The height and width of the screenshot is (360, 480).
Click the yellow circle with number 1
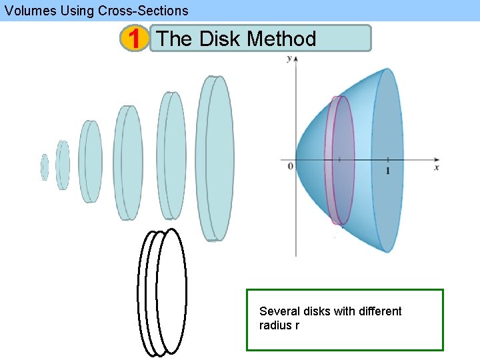click(135, 39)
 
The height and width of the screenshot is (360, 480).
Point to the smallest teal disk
click(45, 167)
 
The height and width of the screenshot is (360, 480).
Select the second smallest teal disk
click(63, 165)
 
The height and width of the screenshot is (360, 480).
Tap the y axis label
click(289, 59)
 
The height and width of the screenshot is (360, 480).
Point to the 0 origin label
click(290, 165)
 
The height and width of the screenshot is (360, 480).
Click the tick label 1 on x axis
click(388, 171)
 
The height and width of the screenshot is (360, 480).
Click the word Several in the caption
click(279, 311)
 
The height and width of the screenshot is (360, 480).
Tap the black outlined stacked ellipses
click(162, 291)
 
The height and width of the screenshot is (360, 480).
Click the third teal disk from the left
click(91, 161)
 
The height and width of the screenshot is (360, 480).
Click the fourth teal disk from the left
click(127, 162)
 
